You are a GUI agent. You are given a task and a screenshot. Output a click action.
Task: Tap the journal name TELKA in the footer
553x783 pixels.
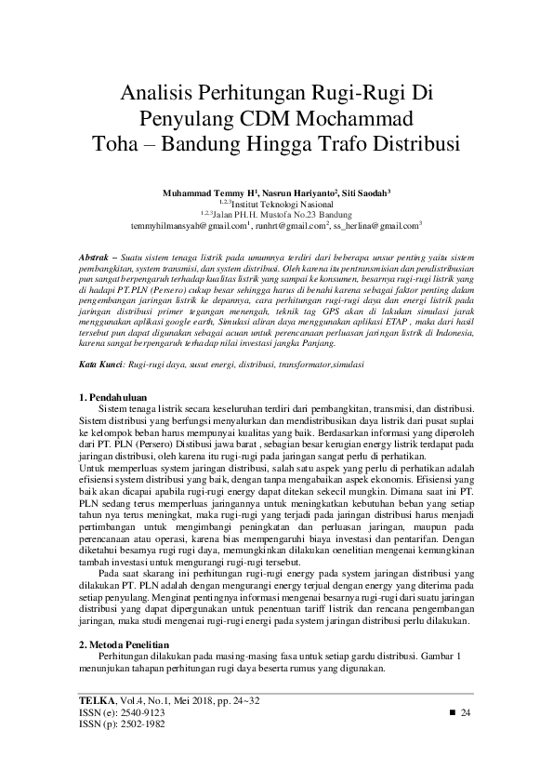click(94, 697)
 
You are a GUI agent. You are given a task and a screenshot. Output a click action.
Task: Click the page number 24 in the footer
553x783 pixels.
click(467, 711)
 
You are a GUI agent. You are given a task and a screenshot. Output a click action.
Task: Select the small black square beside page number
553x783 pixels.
click(453, 711)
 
